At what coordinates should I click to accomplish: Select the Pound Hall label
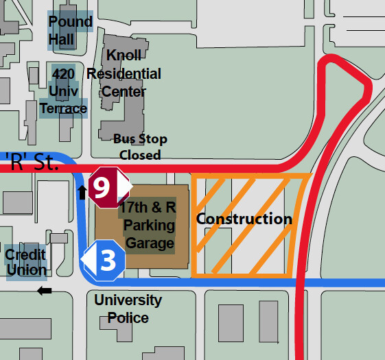[x=70, y=30]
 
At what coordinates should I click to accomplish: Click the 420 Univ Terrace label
[x=63, y=90]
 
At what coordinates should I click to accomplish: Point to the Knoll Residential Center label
[x=124, y=73]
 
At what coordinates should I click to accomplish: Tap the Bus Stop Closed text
[x=140, y=147]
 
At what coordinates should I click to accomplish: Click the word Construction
[x=244, y=219]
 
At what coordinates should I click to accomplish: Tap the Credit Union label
[x=25, y=262]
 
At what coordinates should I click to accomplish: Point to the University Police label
[x=128, y=309]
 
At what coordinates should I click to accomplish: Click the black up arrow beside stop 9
[x=82, y=191]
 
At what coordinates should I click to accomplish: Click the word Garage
[x=150, y=242]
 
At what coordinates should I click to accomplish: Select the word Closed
[x=140, y=155]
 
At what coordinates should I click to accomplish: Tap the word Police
[x=128, y=317]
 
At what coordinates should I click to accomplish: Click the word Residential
[x=124, y=73]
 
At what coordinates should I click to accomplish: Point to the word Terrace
[x=63, y=108]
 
